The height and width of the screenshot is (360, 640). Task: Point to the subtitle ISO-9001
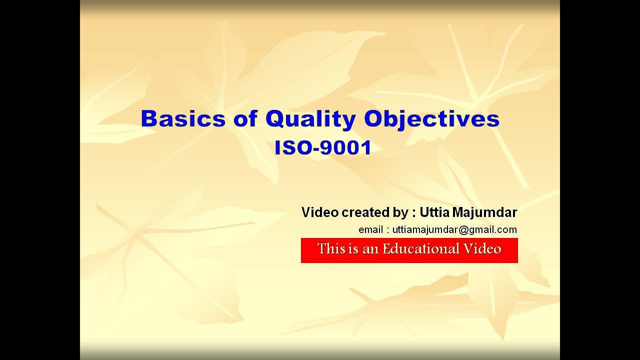tap(322, 148)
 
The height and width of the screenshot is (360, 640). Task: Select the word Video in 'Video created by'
tap(319, 212)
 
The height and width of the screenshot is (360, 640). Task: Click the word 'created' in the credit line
tap(363, 212)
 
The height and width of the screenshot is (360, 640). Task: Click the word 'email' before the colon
tap(370, 230)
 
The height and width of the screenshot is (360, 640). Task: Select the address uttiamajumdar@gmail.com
tap(454, 230)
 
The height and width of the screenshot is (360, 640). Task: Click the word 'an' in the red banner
tap(370, 249)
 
